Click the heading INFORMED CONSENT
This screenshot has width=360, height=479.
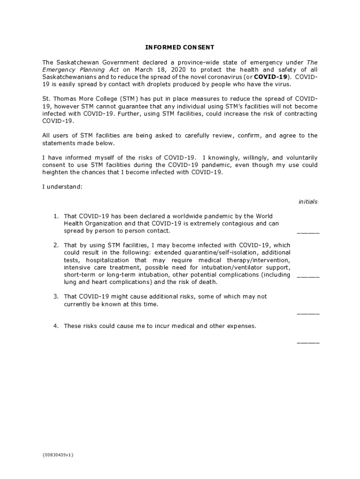tap(180, 47)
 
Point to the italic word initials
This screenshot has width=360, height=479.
tap(308, 202)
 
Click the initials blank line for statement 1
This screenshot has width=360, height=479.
tap(308, 232)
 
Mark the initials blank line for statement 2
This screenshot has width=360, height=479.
tap(308, 276)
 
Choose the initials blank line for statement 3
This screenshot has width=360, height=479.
tap(308, 313)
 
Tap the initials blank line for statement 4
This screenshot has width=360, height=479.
tap(308, 342)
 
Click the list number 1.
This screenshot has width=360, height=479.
tap(55, 216)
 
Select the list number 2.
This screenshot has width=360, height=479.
tap(55, 245)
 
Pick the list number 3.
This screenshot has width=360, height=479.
tap(55, 297)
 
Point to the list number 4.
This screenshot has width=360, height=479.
tap(55, 326)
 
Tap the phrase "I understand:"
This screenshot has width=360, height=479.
tap(62, 187)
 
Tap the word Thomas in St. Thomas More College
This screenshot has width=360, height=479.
tap(65, 99)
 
